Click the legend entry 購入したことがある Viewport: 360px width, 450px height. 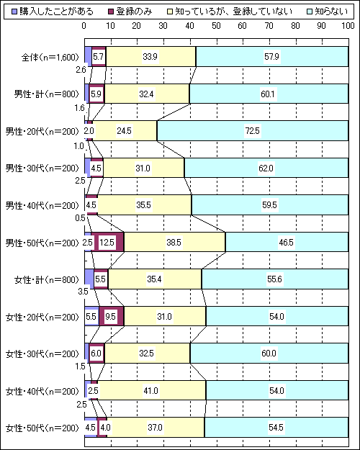click(x=53, y=12)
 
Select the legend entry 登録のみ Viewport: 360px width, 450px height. click(x=130, y=12)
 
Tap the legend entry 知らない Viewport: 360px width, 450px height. click(x=327, y=12)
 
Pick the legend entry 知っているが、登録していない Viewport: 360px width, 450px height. click(x=230, y=12)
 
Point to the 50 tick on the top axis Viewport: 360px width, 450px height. click(x=216, y=26)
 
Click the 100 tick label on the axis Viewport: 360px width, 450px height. click(x=348, y=26)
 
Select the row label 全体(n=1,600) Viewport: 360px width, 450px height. click(x=50, y=57)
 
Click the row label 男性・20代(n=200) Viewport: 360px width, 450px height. click(x=42, y=131)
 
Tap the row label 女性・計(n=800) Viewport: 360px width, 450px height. click(x=46, y=279)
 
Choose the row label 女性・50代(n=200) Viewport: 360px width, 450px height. click(x=42, y=428)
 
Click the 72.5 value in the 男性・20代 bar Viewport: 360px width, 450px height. click(x=252, y=131)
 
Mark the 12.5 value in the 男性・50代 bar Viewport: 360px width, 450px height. click(x=107, y=243)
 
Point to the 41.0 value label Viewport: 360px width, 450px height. click(x=150, y=391)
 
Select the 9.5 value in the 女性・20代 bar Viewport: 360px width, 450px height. click(x=110, y=317)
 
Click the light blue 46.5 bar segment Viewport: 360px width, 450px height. click(x=287, y=243)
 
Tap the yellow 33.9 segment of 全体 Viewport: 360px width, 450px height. click(x=150, y=57)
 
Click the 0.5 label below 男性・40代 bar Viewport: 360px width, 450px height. click(x=80, y=218)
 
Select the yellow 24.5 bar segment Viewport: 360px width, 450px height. click(x=125, y=131)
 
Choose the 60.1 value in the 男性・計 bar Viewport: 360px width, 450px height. click(x=269, y=94)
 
